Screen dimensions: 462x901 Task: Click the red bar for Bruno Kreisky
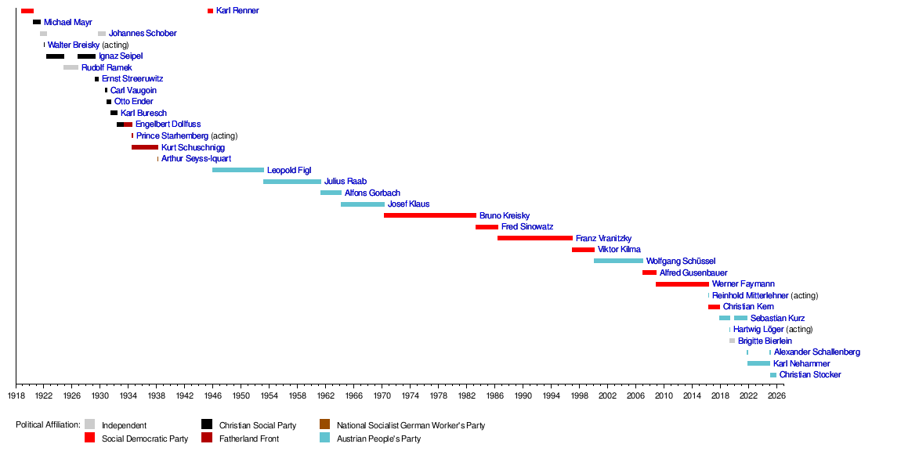429,215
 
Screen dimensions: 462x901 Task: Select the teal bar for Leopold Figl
237,170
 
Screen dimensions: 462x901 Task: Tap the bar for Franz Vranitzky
534,238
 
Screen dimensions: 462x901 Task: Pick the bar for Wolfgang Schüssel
618,261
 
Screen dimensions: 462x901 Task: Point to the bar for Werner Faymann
682,284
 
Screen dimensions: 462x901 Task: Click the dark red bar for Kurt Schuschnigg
144,147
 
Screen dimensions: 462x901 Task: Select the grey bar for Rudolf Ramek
71,67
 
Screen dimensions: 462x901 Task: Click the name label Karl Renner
237,11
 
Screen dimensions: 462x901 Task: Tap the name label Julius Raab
346,182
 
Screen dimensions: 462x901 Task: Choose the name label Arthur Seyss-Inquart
196,159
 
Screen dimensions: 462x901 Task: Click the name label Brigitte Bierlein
765,341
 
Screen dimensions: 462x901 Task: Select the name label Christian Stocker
810,375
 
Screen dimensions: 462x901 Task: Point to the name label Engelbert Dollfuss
168,125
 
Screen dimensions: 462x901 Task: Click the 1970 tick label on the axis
382,396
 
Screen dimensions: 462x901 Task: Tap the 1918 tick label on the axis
16,396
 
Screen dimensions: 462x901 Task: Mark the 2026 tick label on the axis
776,396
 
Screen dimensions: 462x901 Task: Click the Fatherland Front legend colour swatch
207,439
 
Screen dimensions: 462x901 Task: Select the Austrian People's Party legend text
378,439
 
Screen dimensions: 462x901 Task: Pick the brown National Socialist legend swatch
324,424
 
